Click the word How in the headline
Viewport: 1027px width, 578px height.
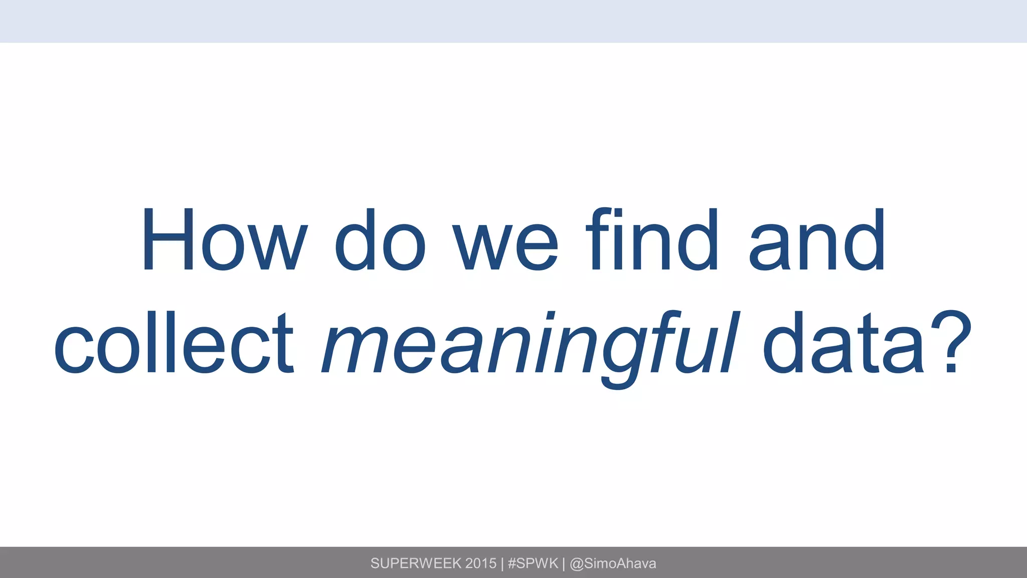224,240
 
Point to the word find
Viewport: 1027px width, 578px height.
652,240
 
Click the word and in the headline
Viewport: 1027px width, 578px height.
817,240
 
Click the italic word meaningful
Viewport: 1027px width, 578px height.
529,346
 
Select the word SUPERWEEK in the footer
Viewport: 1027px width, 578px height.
416,563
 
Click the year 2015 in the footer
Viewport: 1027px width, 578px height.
480,563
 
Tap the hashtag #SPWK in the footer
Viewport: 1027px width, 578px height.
533,563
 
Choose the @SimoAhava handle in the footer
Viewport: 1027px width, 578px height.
613,563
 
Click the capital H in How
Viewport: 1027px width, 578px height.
168,240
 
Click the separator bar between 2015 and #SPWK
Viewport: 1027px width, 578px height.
502,563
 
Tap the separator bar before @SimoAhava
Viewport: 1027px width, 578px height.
564,563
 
